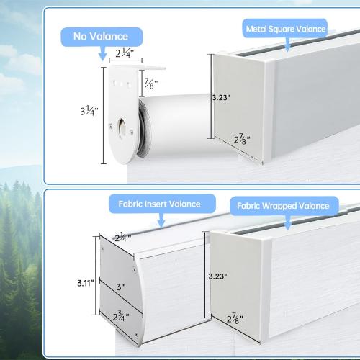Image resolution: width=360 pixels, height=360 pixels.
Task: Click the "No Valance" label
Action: (x=101, y=37)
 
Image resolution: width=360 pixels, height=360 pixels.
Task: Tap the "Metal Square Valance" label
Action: (x=286, y=29)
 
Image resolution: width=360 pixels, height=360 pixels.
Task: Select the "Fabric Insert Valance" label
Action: (x=160, y=204)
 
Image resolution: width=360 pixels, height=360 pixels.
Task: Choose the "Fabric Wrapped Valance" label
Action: (x=283, y=206)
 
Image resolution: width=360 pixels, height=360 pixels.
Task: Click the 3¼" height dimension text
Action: (x=89, y=111)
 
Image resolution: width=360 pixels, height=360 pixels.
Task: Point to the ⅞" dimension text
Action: (x=151, y=84)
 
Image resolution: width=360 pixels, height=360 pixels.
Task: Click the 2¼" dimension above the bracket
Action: (x=125, y=53)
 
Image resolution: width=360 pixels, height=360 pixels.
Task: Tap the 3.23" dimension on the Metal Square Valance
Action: (x=221, y=97)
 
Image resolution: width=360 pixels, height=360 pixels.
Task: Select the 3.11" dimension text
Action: (x=86, y=283)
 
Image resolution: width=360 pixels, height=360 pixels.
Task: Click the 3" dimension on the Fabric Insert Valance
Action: (x=120, y=287)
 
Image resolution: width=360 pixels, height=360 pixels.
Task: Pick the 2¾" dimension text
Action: (x=121, y=317)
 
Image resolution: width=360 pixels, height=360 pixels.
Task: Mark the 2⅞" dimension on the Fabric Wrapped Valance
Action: (x=235, y=318)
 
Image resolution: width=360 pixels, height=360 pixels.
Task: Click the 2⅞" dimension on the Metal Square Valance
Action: (x=242, y=139)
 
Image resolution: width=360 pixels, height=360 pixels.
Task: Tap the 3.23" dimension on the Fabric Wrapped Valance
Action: (x=217, y=276)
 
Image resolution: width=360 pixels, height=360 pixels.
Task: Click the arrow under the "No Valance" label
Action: (x=103, y=53)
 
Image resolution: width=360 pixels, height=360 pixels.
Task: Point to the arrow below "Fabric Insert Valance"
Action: (x=161, y=220)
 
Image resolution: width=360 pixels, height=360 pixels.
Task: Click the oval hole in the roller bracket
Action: (x=122, y=127)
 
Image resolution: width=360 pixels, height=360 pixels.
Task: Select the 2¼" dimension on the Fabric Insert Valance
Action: (x=123, y=238)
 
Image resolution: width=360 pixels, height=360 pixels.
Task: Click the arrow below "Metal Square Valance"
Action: (x=287, y=45)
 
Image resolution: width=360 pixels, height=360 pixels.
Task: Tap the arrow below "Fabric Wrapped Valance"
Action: (x=287, y=222)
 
